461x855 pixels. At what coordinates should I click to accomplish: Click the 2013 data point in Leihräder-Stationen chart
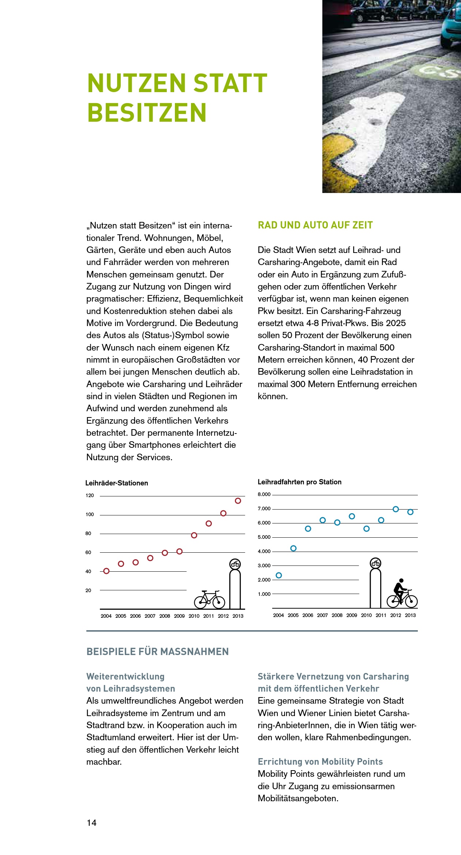238,501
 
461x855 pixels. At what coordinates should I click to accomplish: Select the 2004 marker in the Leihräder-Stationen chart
106,571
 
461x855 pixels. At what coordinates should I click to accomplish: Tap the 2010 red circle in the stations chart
194,535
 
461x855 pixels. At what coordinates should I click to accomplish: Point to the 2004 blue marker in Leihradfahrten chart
279,575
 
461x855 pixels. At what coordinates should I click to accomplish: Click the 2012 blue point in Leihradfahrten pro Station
396,509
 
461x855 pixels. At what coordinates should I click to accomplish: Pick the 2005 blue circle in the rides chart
293,548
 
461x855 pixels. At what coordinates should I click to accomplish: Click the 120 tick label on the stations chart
90,496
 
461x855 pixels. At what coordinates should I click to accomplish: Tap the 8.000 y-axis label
264,495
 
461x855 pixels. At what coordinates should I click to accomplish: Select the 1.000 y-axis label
264,594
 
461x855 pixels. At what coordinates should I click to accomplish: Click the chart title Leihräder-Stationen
117,483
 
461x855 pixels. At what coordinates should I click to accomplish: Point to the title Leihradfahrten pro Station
300,482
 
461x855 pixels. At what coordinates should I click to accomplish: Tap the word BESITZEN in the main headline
147,113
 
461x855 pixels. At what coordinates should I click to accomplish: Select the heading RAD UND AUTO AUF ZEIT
315,225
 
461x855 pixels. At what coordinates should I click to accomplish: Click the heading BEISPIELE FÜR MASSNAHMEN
158,652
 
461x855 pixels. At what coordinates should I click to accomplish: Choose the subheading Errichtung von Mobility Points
320,762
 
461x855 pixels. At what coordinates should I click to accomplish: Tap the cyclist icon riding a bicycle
402,592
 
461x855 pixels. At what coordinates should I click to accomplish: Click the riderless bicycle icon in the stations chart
209,599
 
